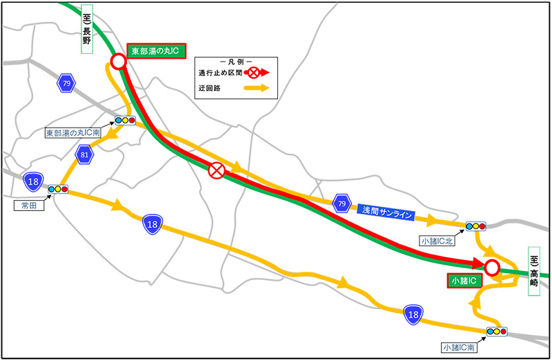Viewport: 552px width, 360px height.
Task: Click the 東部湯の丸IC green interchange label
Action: click(159, 51)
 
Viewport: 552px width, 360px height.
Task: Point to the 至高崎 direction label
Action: click(534, 271)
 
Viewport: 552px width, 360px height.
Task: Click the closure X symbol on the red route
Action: click(217, 170)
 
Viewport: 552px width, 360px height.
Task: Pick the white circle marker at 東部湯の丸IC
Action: click(118, 61)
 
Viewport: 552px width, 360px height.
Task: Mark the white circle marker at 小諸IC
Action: click(491, 267)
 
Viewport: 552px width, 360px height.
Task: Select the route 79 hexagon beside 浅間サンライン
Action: click(340, 202)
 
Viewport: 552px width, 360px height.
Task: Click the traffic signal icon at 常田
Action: click(57, 188)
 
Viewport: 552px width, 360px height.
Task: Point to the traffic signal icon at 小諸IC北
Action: click(476, 226)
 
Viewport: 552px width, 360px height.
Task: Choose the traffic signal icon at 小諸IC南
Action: click(495, 332)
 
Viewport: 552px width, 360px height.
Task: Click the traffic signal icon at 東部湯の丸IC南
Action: click(126, 119)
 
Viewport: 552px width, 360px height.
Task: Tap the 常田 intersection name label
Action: click(28, 205)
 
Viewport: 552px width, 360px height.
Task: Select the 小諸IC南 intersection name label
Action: click(457, 348)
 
